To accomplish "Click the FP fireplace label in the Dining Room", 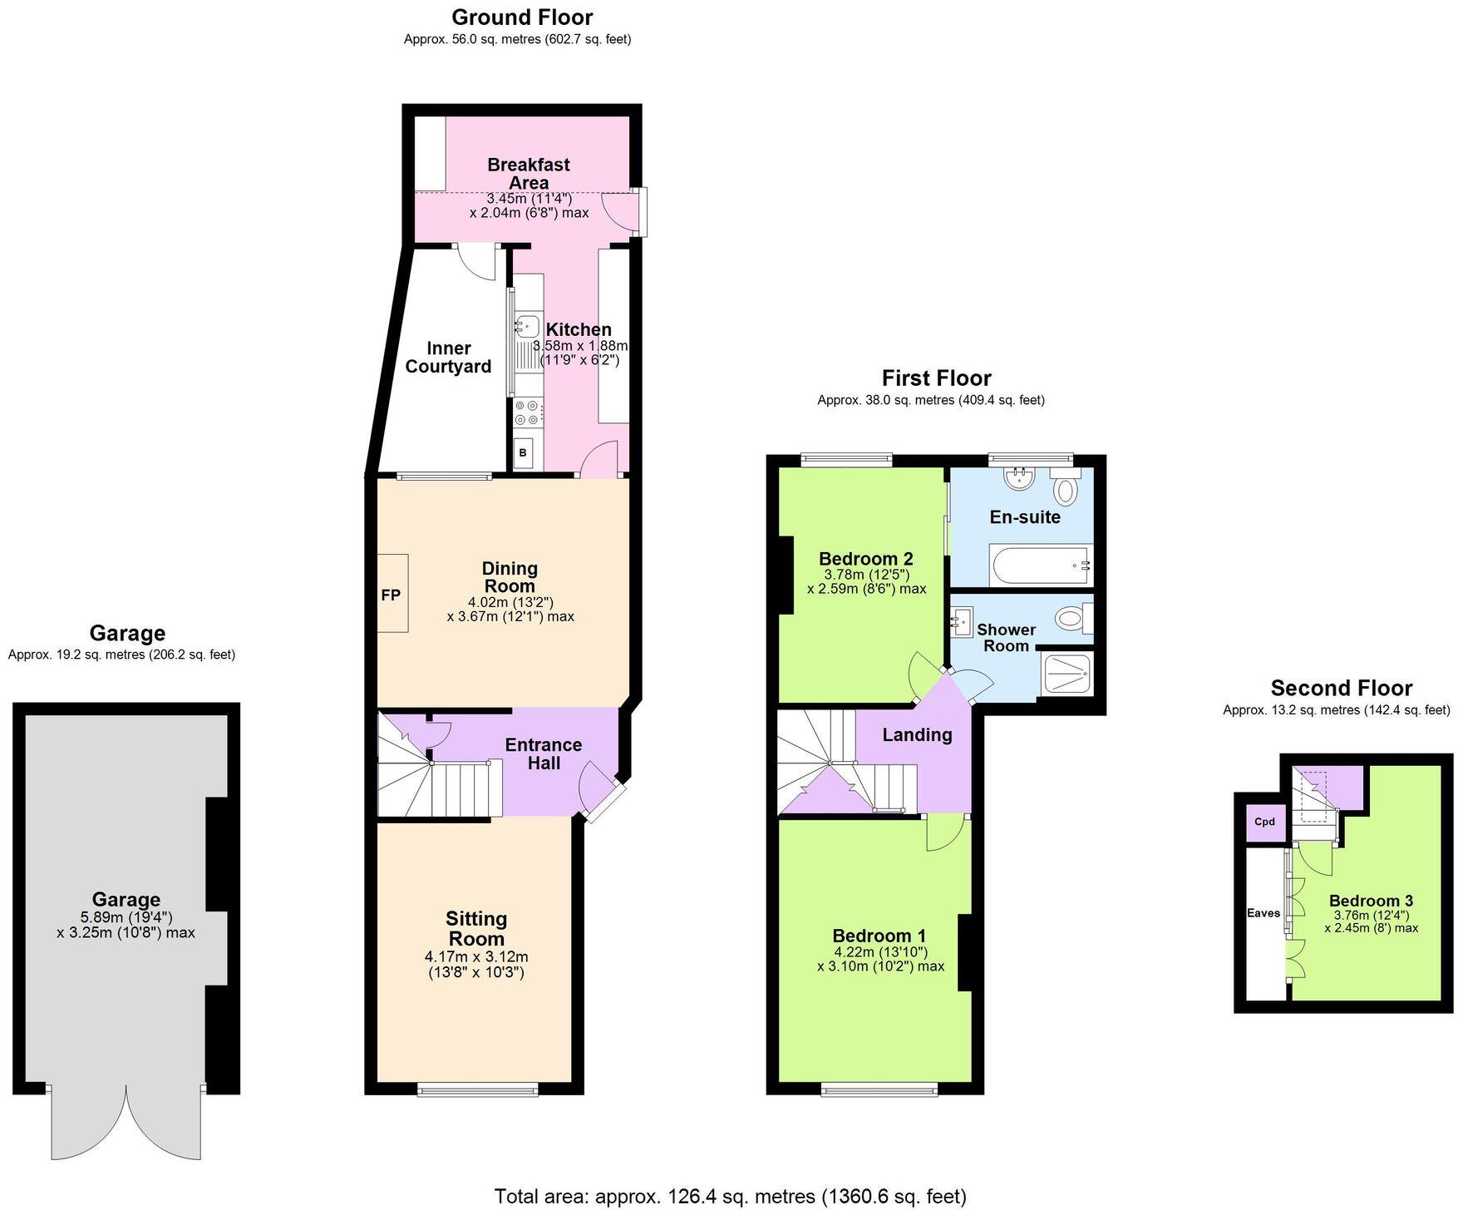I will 391,595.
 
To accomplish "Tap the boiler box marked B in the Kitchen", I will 524,453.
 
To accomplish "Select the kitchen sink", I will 526,325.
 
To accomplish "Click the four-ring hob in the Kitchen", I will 527,412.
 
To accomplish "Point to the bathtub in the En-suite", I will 1041,565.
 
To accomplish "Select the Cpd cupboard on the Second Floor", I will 1264,822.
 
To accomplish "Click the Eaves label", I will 1263,913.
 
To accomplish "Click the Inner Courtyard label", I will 448,358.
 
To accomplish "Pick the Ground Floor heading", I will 522,17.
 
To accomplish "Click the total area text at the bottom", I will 730,1196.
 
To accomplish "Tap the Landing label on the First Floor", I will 917,734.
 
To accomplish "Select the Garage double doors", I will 126,1123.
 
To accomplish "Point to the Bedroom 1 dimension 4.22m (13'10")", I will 880,952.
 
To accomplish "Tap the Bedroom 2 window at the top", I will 846,457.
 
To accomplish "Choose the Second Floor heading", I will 1341,688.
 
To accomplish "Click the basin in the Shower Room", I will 964,620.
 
